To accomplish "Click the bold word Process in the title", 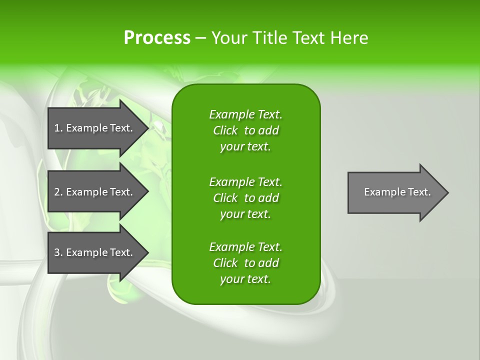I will coord(157,38).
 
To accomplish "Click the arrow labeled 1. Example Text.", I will coord(95,128).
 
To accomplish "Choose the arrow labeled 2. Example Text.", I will coord(95,192).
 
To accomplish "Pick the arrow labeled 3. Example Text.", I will coord(95,252).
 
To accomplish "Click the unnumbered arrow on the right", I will coord(395,192).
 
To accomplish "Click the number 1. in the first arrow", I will coord(58,128).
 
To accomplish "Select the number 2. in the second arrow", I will coord(58,192).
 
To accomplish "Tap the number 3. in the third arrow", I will coord(58,252).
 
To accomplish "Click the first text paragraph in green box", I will coord(245,130).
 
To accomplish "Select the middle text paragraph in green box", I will coord(245,198).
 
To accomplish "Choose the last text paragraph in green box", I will coord(245,263).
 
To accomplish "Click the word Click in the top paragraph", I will coord(225,130).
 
